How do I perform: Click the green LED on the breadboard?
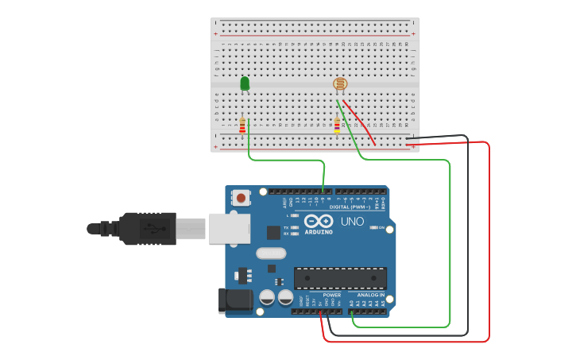[245, 83]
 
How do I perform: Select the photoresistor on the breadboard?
[339, 83]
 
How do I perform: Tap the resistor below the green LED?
[242, 126]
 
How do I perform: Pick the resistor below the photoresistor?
[337, 126]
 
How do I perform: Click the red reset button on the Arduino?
[241, 196]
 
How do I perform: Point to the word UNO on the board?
[352, 221]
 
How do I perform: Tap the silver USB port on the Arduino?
[229, 227]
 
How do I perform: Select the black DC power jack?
[235, 300]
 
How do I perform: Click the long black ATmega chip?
[340, 278]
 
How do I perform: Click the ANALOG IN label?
[369, 295]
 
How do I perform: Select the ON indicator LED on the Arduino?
[375, 228]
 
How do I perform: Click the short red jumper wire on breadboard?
[359, 122]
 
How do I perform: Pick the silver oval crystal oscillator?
[270, 254]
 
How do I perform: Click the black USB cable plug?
[147, 228]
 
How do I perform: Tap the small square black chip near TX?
[274, 232]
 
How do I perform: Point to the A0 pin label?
[351, 303]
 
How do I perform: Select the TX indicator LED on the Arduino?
[295, 227]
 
